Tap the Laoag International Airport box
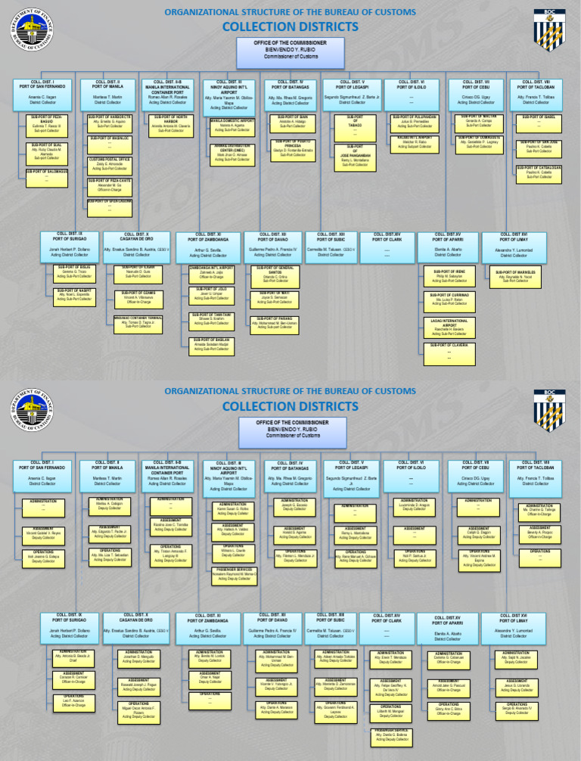[x=455, y=327]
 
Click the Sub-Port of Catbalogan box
[x=539, y=172]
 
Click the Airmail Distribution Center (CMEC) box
[x=232, y=152]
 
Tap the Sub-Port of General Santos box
[x=281, y=274]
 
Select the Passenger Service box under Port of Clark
[x=391, y=733]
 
